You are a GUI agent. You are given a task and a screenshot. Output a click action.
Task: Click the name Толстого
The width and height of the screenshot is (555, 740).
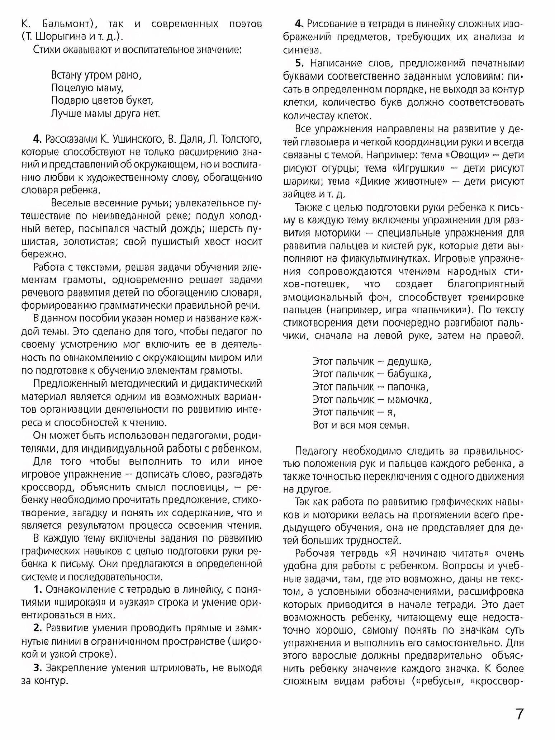click(x=242, y=139)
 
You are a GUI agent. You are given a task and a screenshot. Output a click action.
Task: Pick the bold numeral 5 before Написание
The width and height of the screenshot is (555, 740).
click(x=299, y=63)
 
